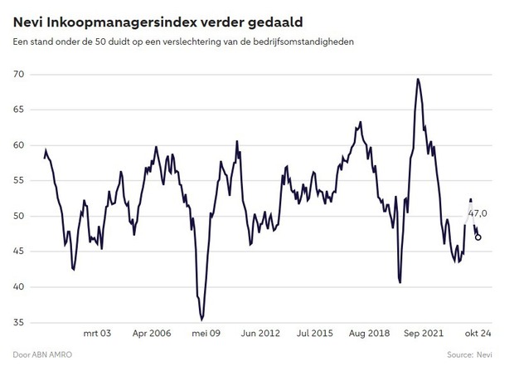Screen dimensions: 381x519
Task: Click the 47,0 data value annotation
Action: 478,213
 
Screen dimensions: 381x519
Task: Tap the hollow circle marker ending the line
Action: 478,237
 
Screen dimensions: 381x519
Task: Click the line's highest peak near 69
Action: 418,79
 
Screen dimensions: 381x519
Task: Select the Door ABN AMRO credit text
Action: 41,354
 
